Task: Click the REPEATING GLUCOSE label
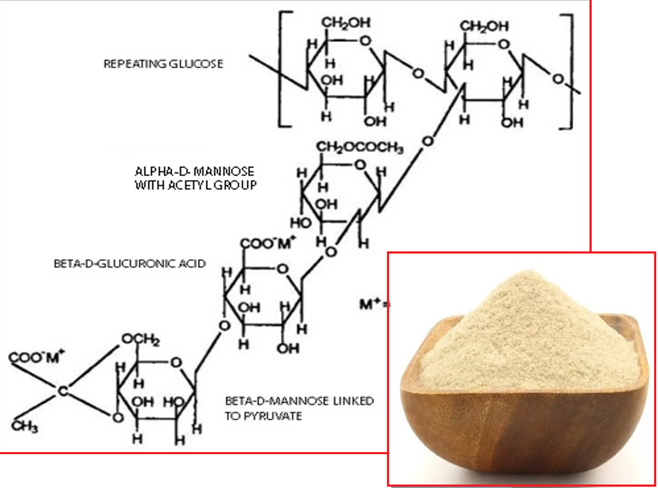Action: (163, 64)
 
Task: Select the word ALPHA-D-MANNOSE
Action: (194, 171)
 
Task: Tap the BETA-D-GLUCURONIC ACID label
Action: (129, 264)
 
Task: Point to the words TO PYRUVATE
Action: (263, 416)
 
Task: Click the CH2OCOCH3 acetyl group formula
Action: (360, 147)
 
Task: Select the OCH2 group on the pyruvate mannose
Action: (141, 339)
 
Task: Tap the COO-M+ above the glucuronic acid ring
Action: (268, 243)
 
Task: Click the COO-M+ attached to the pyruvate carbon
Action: (36, 357)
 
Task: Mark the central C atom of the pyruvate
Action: (63, 391)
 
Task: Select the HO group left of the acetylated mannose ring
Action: (301, 223)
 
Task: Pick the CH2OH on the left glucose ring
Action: (346, 23)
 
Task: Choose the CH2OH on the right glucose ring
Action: (484, 26)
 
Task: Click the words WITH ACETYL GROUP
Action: (195, 185)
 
